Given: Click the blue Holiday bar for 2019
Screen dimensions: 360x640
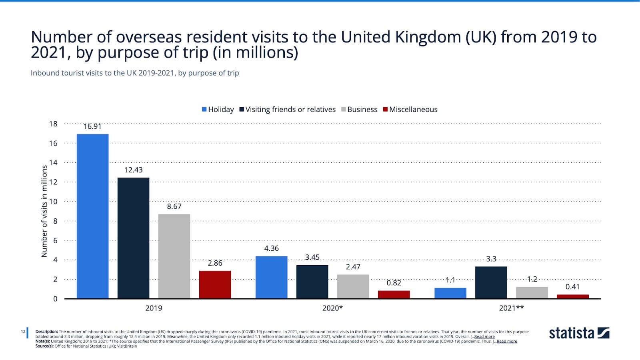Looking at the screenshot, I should coord(92,216).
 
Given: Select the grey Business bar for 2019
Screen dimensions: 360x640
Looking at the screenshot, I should coord(174,256).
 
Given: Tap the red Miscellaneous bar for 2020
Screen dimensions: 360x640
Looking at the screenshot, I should coord(394,294).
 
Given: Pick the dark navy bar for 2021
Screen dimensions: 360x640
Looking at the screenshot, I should coord(491,282).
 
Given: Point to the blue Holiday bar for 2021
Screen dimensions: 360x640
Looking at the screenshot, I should coord(450,293).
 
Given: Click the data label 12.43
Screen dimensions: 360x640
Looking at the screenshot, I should coord(133,170).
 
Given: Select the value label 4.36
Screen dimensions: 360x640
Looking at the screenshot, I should coord(271,248).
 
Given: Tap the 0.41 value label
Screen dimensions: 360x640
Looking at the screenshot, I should coord(572,287).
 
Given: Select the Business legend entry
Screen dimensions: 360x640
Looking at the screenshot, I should coord(359,110).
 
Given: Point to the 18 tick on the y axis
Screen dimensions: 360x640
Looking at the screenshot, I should coord(53,124).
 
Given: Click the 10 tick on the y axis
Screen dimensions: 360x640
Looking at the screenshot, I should coord(53,202).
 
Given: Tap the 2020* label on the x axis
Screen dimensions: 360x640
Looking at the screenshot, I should coord(332,308).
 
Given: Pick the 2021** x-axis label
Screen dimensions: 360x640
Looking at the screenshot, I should coord(511,308).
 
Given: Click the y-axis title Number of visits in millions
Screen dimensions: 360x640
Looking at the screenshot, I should coord(44,211).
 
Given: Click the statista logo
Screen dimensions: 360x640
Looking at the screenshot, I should coord(579,333).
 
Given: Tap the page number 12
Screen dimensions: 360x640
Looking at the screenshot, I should coord(23,332).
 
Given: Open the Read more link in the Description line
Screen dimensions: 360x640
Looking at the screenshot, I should coord(484,337).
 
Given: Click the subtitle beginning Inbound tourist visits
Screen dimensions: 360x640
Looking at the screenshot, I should coord(135,73).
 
